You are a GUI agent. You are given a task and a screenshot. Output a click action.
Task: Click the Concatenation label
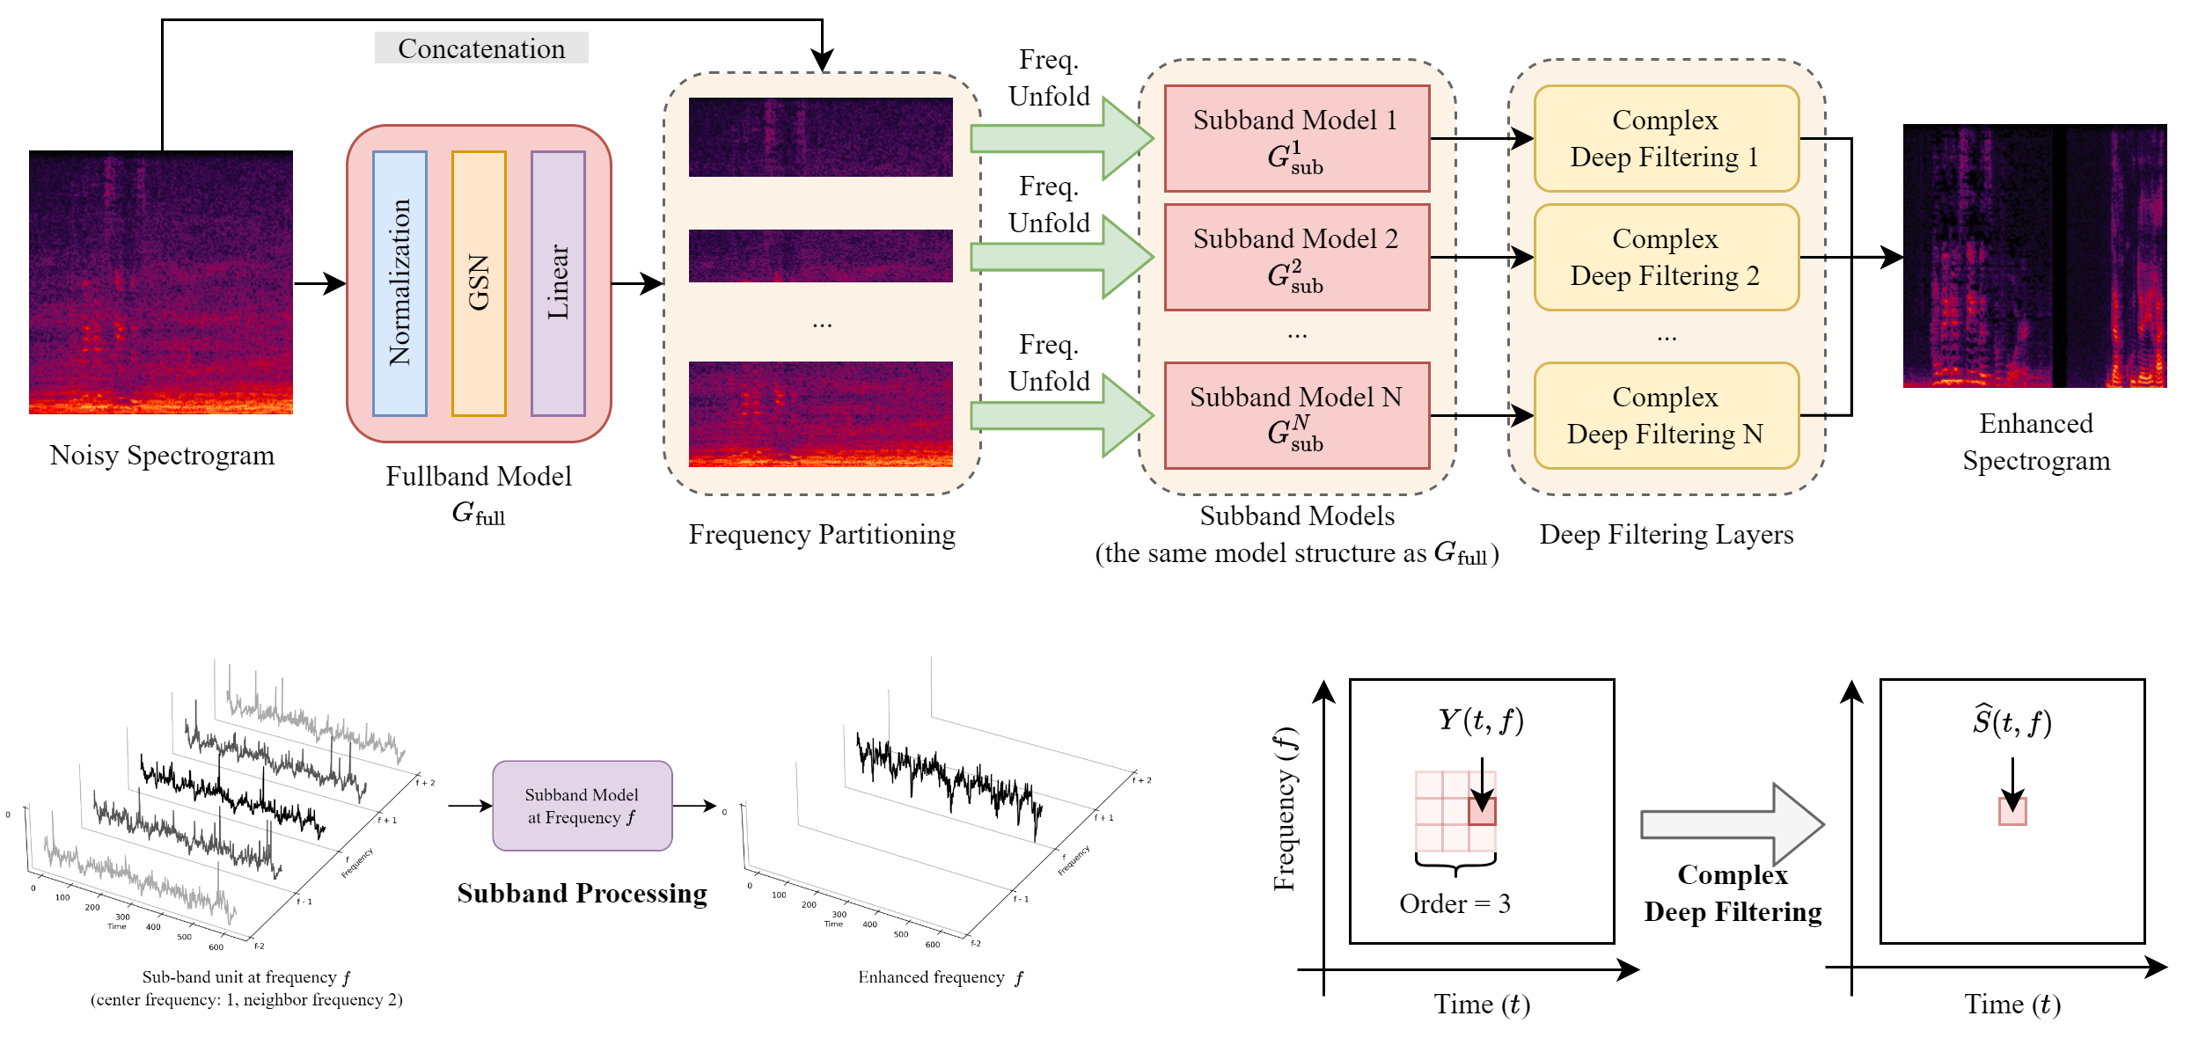pyautogui.click(x=481, y=48)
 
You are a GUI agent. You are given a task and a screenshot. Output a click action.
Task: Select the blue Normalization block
pyautogui.click(x=399, y=283)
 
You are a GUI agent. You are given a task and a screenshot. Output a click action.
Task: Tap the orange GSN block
pyautogui.click(x=479, y=283)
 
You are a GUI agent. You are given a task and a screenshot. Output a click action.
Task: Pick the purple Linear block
pyautogui.click(x=558, y=283)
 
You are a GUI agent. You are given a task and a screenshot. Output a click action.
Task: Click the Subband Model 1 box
pyautogui.click(x=1296, y=138)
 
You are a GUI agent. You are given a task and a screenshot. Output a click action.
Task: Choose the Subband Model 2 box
pyautogui.click(x=1296, y=257)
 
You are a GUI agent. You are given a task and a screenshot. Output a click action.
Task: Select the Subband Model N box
pyautogui.click(x=1296, y=415)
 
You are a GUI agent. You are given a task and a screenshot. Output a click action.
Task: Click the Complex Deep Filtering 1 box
pyautogui.click(x=1666, y=138)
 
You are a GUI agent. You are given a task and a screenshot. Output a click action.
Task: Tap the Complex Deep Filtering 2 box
pyautogui.click(x=1666, y=257)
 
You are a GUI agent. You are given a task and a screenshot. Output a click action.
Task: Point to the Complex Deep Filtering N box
pyautogui.click(x=1666, y=415)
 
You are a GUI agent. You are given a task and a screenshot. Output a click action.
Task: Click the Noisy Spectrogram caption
pyautogui.click(x=162, y=456)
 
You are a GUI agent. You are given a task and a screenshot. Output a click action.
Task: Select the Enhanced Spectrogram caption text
pyautogui.click(x=2036, y=442)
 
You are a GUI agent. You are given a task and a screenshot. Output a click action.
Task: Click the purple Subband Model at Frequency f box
pyautogui.click(x=582, y=806)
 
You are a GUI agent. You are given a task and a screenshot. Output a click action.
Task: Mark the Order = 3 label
pyautogui.click(x=1455, y=903)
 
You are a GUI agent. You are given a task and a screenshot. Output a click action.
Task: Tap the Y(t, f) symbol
pyautogui.click(x=1481, y=720)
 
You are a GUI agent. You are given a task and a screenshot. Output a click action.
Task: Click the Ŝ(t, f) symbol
pyautogui.click(x=2011, y=722)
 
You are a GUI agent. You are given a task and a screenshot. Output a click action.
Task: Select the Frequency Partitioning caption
pyautogui.click(x=822, y=535)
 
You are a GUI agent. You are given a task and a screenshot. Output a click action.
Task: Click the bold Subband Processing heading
pyautogui.click(x=582, y=894)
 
